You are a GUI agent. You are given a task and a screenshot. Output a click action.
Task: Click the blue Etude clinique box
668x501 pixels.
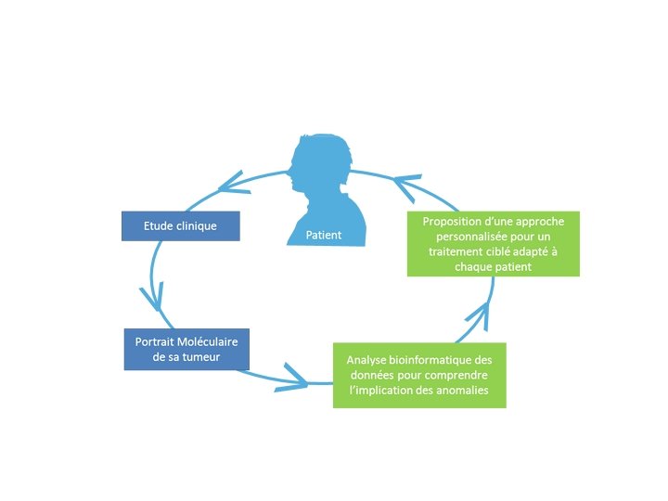coord(181,225)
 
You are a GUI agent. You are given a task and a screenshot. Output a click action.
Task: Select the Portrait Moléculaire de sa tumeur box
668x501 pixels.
coord(186,349)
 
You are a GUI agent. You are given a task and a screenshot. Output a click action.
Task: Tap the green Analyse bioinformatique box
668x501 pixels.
coord(419,375)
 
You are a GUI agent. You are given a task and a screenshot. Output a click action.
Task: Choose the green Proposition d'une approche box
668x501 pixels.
coord(493,244)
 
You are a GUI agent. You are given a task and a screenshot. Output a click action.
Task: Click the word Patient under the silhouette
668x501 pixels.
coord(324,235)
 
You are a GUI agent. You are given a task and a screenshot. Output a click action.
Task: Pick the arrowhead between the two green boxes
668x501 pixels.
coord(475,315)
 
